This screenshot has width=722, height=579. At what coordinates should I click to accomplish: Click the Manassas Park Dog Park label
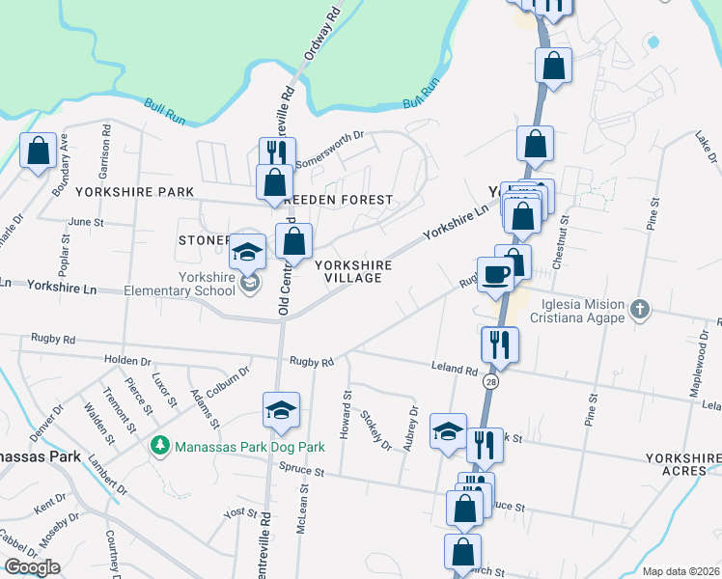tap(239, 447)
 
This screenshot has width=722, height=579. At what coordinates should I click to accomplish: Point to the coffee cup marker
tap(495, 275)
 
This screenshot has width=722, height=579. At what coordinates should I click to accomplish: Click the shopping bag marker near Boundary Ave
tap(38, 152)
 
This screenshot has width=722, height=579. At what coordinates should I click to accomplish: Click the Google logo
tap(33, 566)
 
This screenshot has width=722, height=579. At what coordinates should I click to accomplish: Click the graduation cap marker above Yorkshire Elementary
tap(248, 251)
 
